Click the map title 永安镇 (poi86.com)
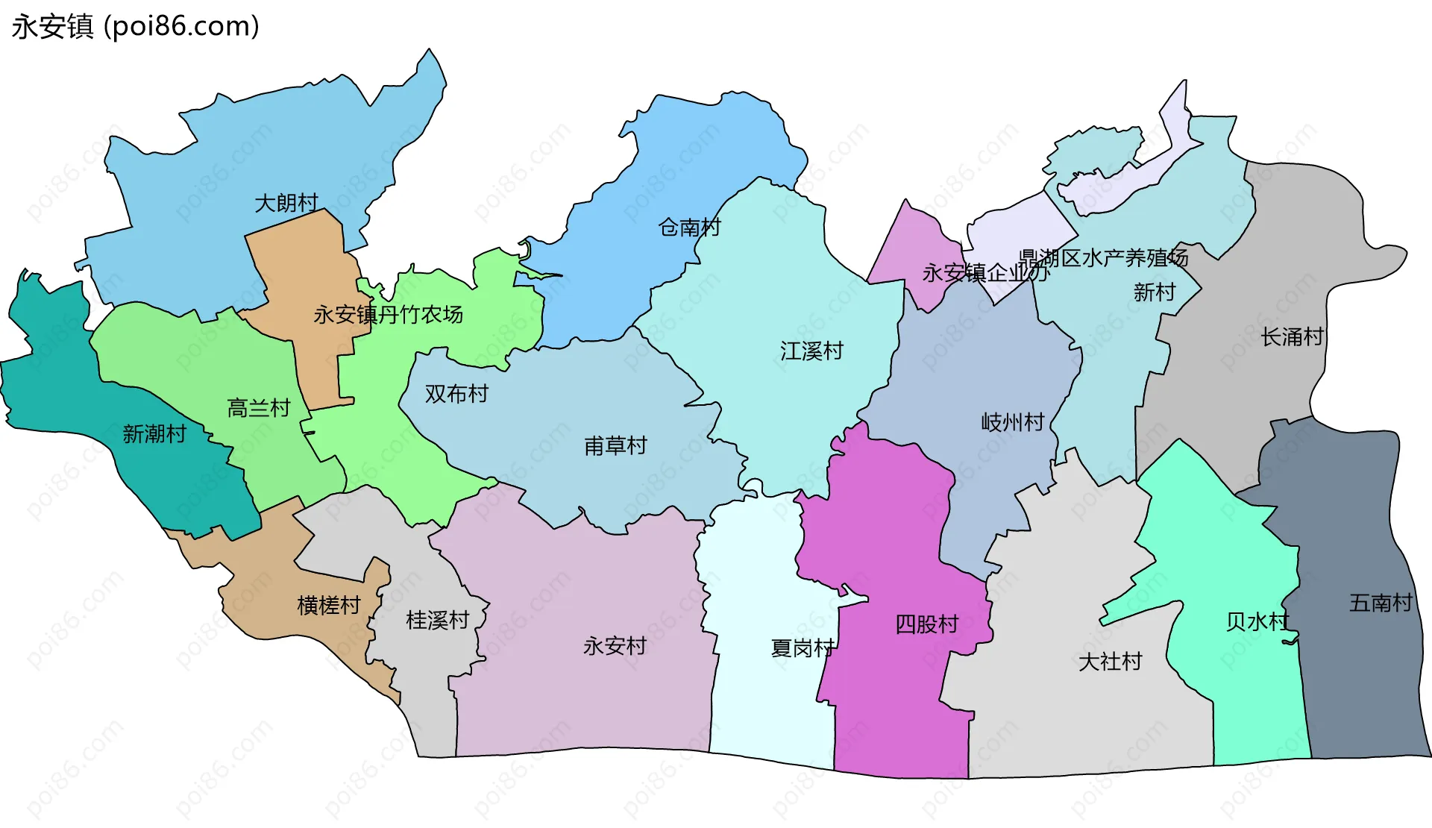point(135,27)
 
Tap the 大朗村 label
point(286,203)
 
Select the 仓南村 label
point(689,227)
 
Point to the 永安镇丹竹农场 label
point(388,315)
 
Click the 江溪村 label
point(811,351)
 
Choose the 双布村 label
point(456,394)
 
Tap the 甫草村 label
point(615,446)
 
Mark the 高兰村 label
point(258,408)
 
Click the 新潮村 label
point(154,434)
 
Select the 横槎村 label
point(329,605)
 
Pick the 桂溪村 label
point(438,620)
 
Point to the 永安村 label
point(615,646)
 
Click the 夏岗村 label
point(803,648)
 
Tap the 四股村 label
point(926,624)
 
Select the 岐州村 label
point(1012,422)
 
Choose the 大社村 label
point(1110,662)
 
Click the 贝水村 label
point(1257,621)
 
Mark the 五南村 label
point(1381,603)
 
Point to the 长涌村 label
point(1292,337)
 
